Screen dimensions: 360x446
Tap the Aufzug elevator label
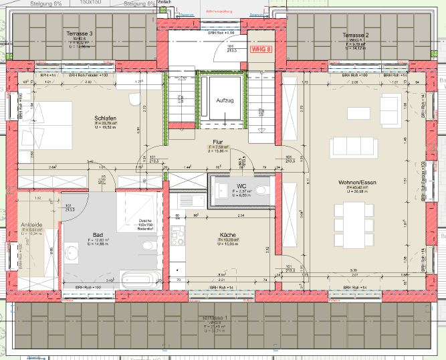point(225,100)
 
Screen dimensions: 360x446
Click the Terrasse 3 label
point(80,33)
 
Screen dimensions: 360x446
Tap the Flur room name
point(217,142)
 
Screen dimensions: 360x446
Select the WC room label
point(241,185)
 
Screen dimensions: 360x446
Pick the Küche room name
point(227,235)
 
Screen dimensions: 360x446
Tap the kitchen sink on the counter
point(181,199)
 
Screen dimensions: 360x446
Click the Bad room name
point(98,235)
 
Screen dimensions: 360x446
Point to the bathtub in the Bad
point(139,278)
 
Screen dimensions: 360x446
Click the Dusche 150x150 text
point(146,224)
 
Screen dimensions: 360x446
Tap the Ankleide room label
point(31,224)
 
